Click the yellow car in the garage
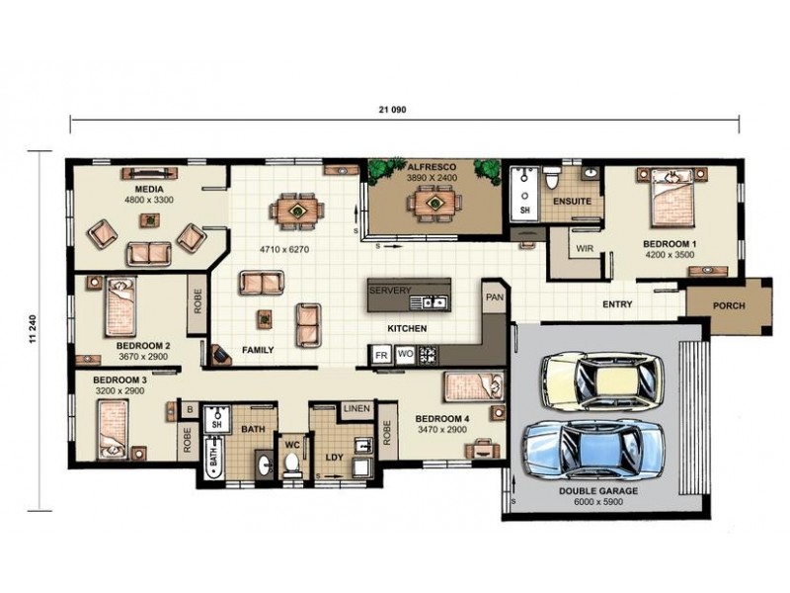[x=602, y=381]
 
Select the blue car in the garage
[x=594, y=449]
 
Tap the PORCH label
[x=729, y=305]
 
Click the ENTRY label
[x=617, y=304]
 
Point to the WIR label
[x=585, y=249]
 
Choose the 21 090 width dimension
[x=392, y=110]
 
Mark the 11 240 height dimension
[x=34, y=330]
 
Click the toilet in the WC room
[x=291, y=464]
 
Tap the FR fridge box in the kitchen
[x=381, y=355]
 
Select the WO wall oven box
[x=405, y=355]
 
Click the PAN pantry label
[x=495, y=297]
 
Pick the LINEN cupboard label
[x=356, y=408]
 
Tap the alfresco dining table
[x=434, y=204]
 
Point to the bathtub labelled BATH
[x=213, y=458]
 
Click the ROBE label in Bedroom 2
[x=197, y=301]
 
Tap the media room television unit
[x=150, y=173]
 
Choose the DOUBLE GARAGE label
[x=598, y=490]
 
